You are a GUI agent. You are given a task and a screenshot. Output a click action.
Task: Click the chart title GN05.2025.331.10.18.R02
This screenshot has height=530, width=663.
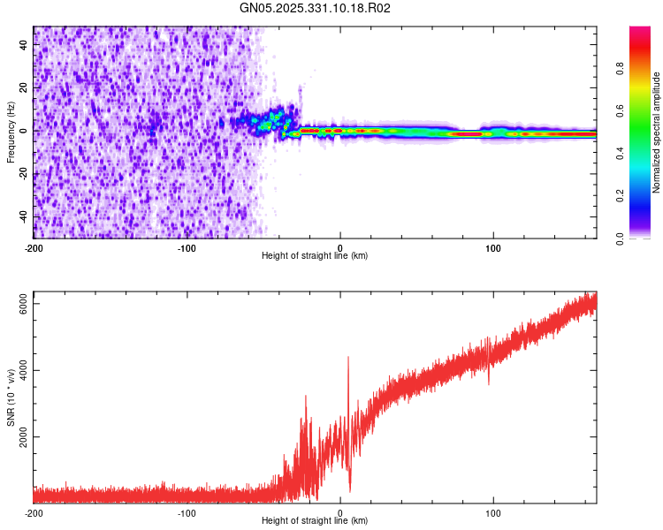[x=315, y=9]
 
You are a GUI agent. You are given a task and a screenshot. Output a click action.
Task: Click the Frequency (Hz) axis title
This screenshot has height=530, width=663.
[x=11, y=132]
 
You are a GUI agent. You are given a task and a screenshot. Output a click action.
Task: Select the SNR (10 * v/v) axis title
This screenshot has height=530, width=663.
[x=11, y=397]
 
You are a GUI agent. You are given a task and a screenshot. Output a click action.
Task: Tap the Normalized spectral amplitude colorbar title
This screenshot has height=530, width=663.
[x=657, y=132]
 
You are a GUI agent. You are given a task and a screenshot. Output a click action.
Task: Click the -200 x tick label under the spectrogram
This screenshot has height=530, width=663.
[x=34, y=246]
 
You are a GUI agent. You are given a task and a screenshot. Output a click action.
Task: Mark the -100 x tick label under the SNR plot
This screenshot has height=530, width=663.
[x=187, y=512]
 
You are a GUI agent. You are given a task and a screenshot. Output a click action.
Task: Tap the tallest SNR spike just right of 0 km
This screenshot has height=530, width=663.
[x=348, y=358]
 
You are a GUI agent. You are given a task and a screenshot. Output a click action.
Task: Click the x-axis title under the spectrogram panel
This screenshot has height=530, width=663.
[x=315, y=256]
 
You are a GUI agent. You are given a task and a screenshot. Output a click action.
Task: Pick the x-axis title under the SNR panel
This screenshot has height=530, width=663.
[x=315, y=521]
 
